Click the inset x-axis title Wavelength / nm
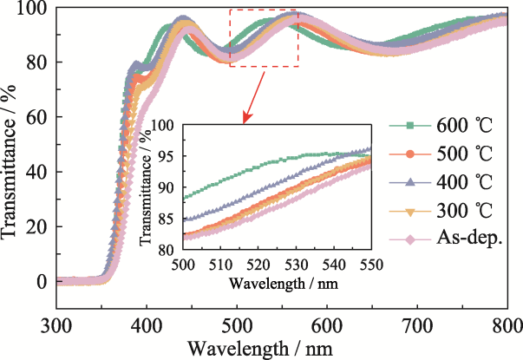coord(276,282)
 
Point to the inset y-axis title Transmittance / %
coord(151,188)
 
